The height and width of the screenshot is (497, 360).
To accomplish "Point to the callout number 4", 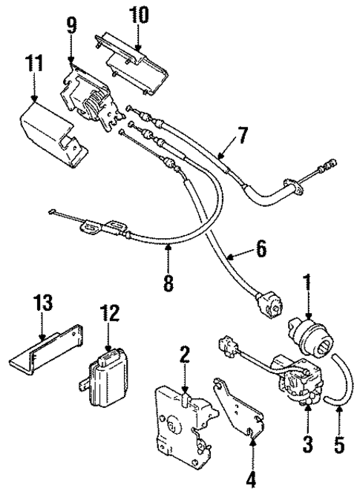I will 252,480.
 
